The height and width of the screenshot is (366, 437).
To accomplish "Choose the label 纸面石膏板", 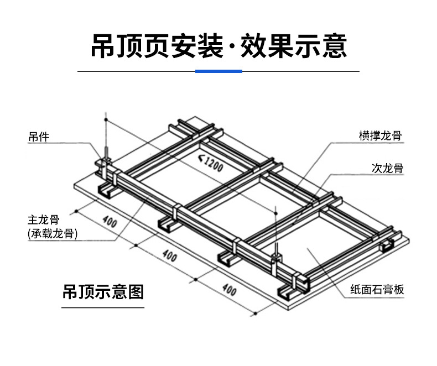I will pos(377,289).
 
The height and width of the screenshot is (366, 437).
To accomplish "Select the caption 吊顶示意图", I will pos(103,292).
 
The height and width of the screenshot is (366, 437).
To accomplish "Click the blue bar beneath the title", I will pos(219,71).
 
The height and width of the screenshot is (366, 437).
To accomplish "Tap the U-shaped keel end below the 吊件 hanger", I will pos(106,192).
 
